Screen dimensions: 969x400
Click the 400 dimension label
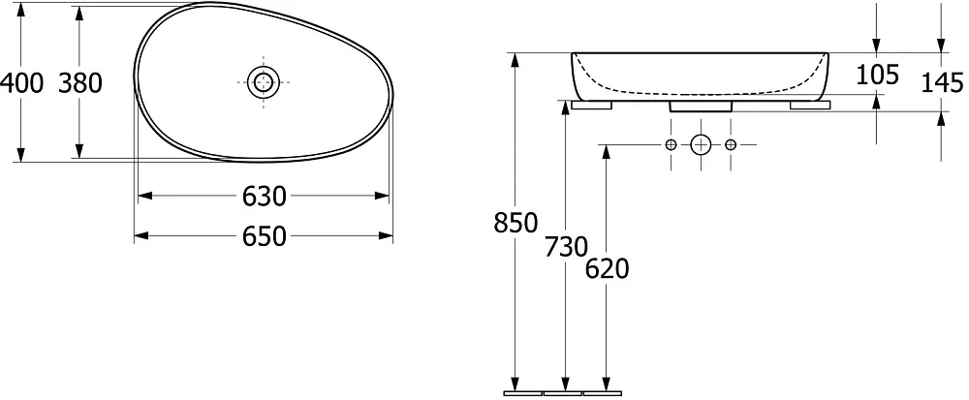[22, 82]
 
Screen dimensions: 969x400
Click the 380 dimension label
[79, 82]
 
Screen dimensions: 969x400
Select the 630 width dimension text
[264, 197]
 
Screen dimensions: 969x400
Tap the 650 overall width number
[264, 236]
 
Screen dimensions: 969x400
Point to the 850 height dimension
[516, 223]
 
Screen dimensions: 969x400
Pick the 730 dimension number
[566, 247]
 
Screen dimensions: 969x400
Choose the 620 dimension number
[607, 269]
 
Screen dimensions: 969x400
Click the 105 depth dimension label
[877, 75]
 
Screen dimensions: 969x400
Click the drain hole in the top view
[264, 82]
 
